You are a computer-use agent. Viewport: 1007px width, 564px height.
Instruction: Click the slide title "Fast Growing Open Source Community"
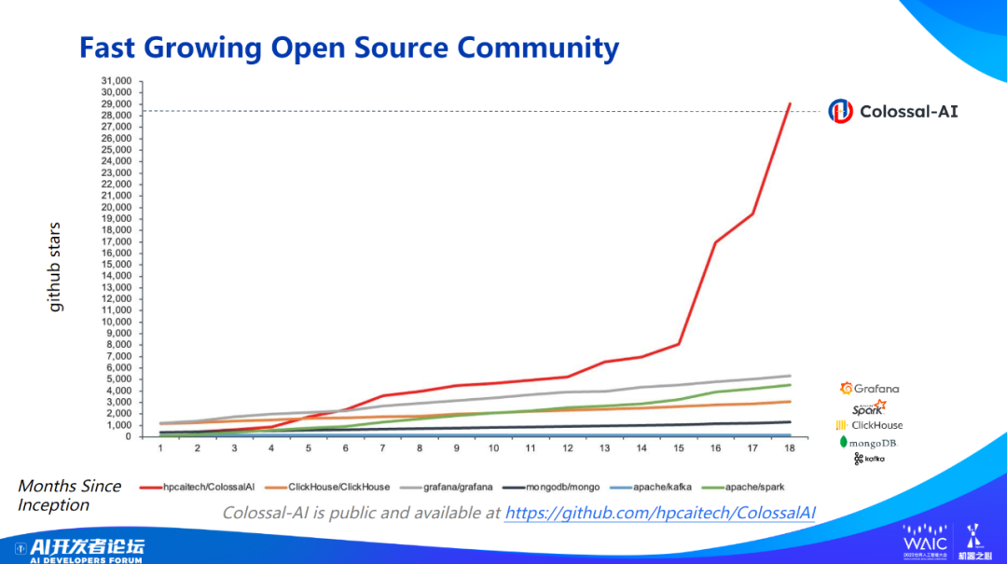[349, 48]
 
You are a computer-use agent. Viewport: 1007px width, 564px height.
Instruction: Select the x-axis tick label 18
[790, 448]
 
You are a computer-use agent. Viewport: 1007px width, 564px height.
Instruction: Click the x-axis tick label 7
[382, 448]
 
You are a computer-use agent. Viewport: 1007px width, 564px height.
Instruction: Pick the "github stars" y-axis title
[56, 267]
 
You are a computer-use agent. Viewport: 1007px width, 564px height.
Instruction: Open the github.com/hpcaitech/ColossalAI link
[660, 513]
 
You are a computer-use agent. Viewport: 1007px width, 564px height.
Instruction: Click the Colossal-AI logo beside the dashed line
[893, 112]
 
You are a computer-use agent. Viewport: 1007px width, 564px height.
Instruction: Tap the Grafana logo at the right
[869, 388]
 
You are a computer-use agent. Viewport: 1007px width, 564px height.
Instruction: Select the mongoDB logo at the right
[868, 442]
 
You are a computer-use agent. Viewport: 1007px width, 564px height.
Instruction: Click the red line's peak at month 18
[790, 103]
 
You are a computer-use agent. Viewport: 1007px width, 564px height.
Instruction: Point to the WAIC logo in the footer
[924, 540]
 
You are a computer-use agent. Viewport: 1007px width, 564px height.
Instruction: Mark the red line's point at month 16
[715, 242]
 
